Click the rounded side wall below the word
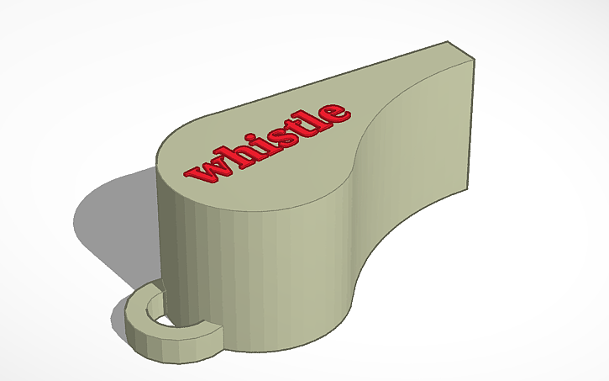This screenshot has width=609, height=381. point(252,269)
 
